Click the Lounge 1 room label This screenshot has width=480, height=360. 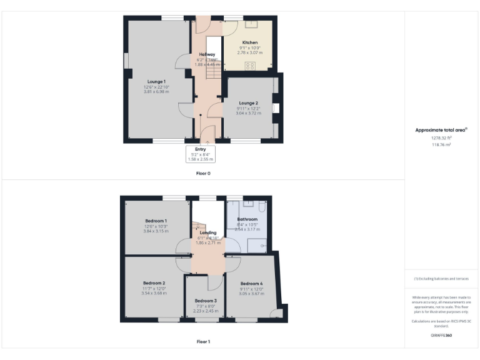click(x=156, y=82)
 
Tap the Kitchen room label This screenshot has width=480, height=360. click(x=250, y=42)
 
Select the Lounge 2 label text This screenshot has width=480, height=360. click(x=248, y=102)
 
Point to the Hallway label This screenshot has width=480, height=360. click(x=207, y=54)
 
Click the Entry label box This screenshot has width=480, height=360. click(x=201, y=154)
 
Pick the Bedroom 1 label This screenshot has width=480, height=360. click(x=156, y=221)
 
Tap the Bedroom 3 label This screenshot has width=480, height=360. click(x=205, y=301)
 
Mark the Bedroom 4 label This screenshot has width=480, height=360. click(x=251, y=283)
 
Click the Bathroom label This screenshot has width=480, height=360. click(x=247, y=219)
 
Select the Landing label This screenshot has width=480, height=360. click(x=207, y=232)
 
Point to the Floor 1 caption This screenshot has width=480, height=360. click(x=204, y=342)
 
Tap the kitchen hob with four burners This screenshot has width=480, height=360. click(x=251, y=66)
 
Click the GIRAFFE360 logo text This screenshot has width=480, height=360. click(x=441, y=336)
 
